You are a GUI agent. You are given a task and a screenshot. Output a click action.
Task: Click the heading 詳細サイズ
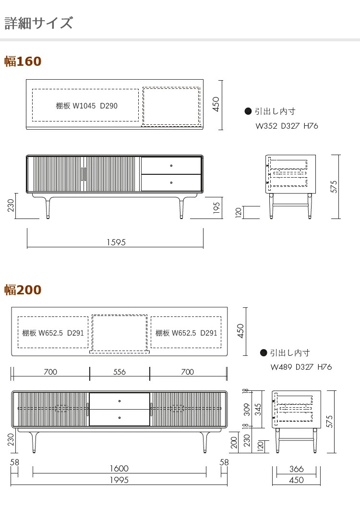tap(38, 23)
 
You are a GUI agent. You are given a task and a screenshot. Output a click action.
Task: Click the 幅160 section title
tap(23, 61)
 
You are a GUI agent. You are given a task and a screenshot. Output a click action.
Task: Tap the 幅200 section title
tap(23, 290)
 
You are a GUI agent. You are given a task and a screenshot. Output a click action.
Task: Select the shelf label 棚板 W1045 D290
tap(87, 106)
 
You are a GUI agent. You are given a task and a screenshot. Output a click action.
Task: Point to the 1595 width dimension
tap(116, 242)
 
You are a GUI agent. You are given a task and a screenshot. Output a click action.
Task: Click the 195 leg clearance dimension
tap(216, 208)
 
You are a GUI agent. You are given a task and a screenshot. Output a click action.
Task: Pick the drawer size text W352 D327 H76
tap(287, 126)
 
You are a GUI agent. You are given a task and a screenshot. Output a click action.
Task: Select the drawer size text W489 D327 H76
tap(301, 367)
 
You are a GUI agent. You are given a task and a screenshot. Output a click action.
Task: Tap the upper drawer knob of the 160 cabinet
tap(171, 166)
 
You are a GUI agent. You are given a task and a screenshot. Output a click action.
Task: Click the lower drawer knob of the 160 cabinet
tap(171, 183)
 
